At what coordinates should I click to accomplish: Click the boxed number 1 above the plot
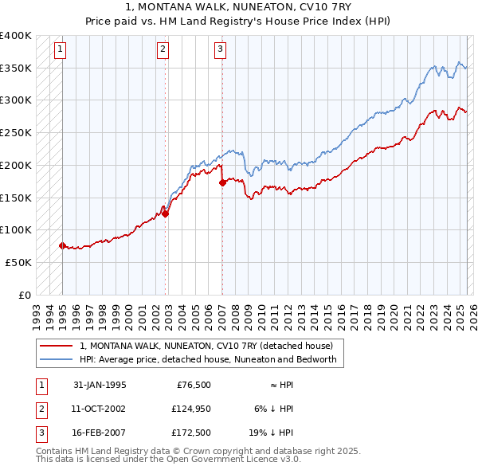coord(60,49)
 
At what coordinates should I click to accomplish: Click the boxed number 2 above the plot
coord(163,49)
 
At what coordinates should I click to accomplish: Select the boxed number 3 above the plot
coord(220,49)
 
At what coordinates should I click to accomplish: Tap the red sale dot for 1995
coord(62,245)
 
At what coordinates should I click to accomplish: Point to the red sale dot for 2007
coord(222,182)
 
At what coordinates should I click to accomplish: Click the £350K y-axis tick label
coord(17,69)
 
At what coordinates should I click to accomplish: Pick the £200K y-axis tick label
coord(17,165)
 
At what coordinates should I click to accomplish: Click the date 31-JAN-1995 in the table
coord(100,385)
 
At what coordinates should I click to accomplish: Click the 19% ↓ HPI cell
coord(275,433)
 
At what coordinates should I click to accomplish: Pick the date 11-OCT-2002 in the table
coord(100,409)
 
